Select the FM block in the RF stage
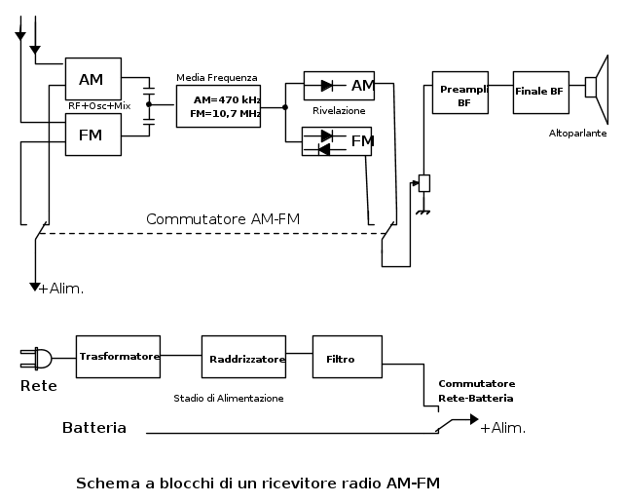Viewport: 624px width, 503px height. coord(92,134)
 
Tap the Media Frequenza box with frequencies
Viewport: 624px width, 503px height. coord(218,106)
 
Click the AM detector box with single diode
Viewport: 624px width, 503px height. coord(338,86)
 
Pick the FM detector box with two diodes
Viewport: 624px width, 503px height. coord(338,142)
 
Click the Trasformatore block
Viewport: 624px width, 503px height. coord(119,358)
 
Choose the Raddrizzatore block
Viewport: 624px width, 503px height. coord(244,359)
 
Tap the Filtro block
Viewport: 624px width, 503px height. coord(340,360)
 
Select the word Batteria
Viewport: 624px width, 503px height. coord(94,428)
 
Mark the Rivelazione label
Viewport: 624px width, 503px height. coord(339,111)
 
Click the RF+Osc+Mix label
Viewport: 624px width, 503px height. coord(98,105)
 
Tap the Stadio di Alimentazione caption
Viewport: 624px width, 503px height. coord(229,398)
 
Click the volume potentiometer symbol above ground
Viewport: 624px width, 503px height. coord(423,182)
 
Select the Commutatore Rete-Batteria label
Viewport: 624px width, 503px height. coord(476,391)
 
